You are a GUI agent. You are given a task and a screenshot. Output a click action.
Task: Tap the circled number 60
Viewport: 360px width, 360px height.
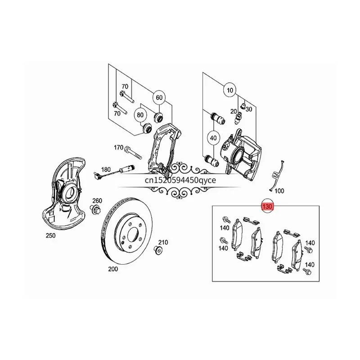(158, 97)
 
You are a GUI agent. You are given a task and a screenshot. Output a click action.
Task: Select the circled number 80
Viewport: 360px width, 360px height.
(140, 115)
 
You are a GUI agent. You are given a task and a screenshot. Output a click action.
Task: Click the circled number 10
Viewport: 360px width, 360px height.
(230, 90)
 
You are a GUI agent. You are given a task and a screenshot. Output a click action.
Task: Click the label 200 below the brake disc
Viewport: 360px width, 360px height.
(112, 269)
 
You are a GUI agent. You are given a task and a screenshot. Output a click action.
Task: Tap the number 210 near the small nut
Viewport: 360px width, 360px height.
(162, 243)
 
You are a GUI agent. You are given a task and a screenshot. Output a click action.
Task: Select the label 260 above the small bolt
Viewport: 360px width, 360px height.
(97, 201)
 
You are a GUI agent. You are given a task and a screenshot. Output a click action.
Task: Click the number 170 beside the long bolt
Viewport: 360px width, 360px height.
(118, 148)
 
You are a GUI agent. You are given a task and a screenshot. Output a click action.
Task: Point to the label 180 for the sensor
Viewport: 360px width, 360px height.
(106, 170)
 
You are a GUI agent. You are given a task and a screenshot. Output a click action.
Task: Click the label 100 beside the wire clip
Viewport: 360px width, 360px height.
(279, 191)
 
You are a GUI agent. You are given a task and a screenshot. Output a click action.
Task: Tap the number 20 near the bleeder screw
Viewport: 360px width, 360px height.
(234, 111)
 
